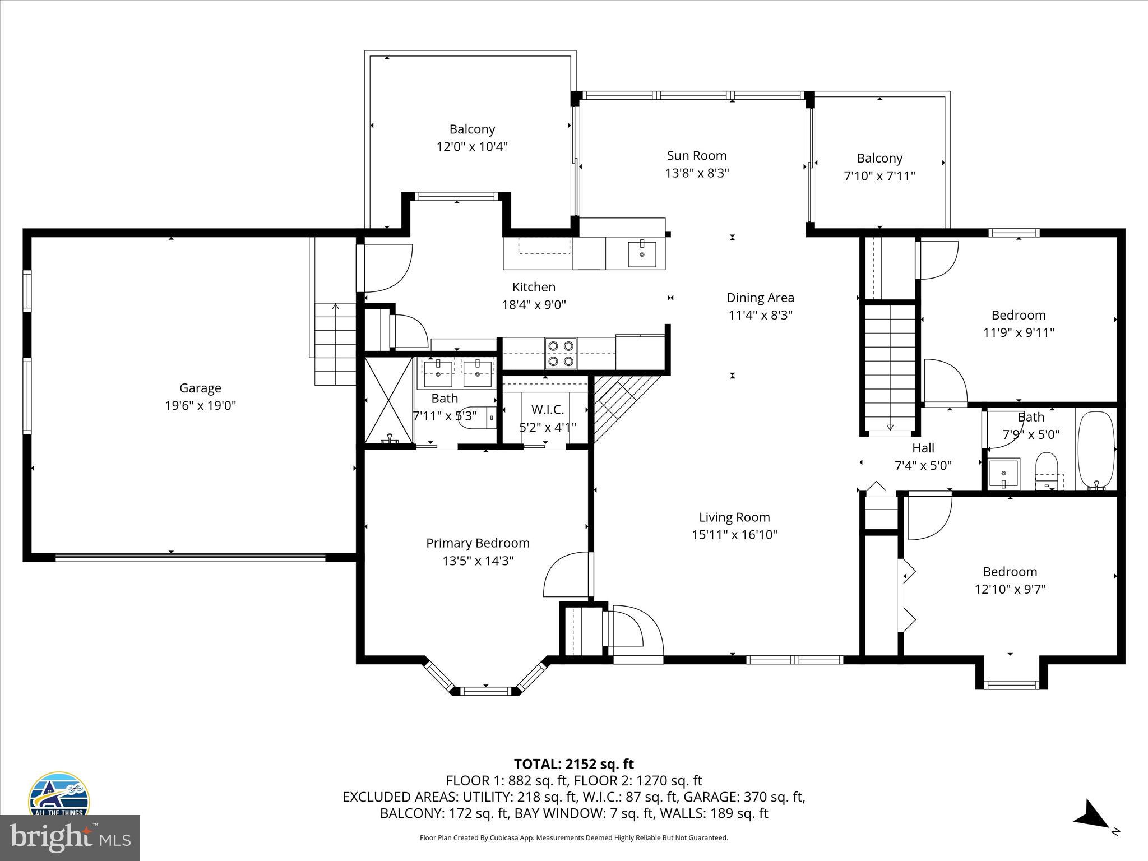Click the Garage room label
[x=200, y=388]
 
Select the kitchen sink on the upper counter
[x=642, y=254]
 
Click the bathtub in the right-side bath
[x=1096, y=451]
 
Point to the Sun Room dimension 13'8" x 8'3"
[x=697, y=173]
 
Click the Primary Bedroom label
[x=478, y=543]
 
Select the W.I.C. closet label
[x=548, y=410]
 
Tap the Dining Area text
[x=760, y=298]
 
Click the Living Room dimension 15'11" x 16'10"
[x=734, y=535]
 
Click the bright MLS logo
[x=70, y=837]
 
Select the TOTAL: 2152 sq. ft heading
[x=573, y=764]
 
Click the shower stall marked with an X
[x=388, y=400]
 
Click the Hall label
[x=923, y=448]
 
